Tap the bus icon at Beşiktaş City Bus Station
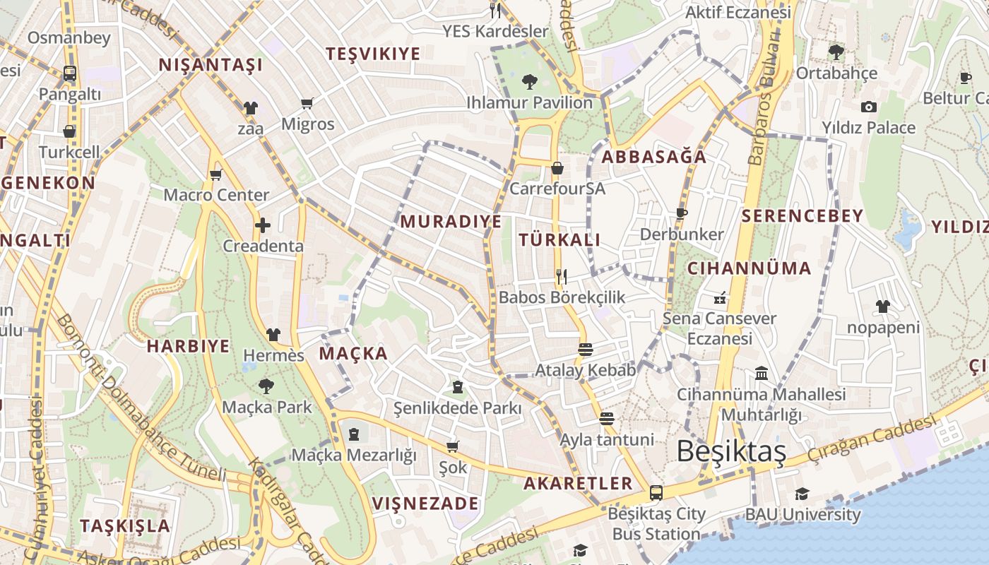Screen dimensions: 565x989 click(656, 492)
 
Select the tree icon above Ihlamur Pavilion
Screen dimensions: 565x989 click(528, 82)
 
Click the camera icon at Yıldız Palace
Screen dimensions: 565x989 click(869, 107)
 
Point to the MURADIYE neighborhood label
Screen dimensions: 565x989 click(451, 221)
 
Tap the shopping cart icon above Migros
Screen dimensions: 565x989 click(307, 104)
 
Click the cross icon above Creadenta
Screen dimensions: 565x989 click(263, 225)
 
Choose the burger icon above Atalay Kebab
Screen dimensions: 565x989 click(585, 349)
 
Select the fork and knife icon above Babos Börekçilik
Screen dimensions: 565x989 click(562, 276)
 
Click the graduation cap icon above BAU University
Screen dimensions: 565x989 click(802, 494)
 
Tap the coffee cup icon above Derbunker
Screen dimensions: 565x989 click(682, 213)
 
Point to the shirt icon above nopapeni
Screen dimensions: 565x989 click(883, 307)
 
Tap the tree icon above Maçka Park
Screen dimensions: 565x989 click(266, 386)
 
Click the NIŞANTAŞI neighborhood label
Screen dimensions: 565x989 click(211, 65)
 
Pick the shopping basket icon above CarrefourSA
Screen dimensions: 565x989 click(557, 168)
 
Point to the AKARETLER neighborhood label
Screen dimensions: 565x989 click(578, 483)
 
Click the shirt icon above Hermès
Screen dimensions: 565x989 click(273, 335)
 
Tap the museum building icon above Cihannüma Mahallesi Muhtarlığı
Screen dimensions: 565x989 click(762, 373)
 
